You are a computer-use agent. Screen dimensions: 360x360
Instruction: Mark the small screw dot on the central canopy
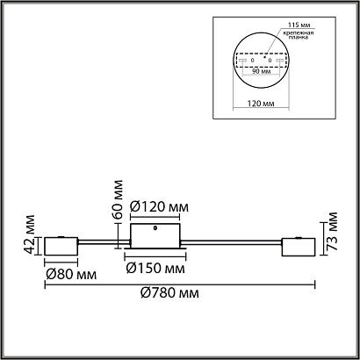point(155,227)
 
